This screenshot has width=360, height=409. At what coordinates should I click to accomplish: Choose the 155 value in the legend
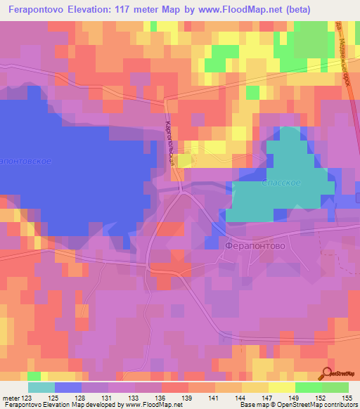[x=347, y=398]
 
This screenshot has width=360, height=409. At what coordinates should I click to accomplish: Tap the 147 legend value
[x=268, y=398]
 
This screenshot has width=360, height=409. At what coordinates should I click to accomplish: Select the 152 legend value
[x=321, y=398]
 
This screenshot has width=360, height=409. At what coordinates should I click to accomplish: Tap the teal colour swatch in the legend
[x=41, y=387]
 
